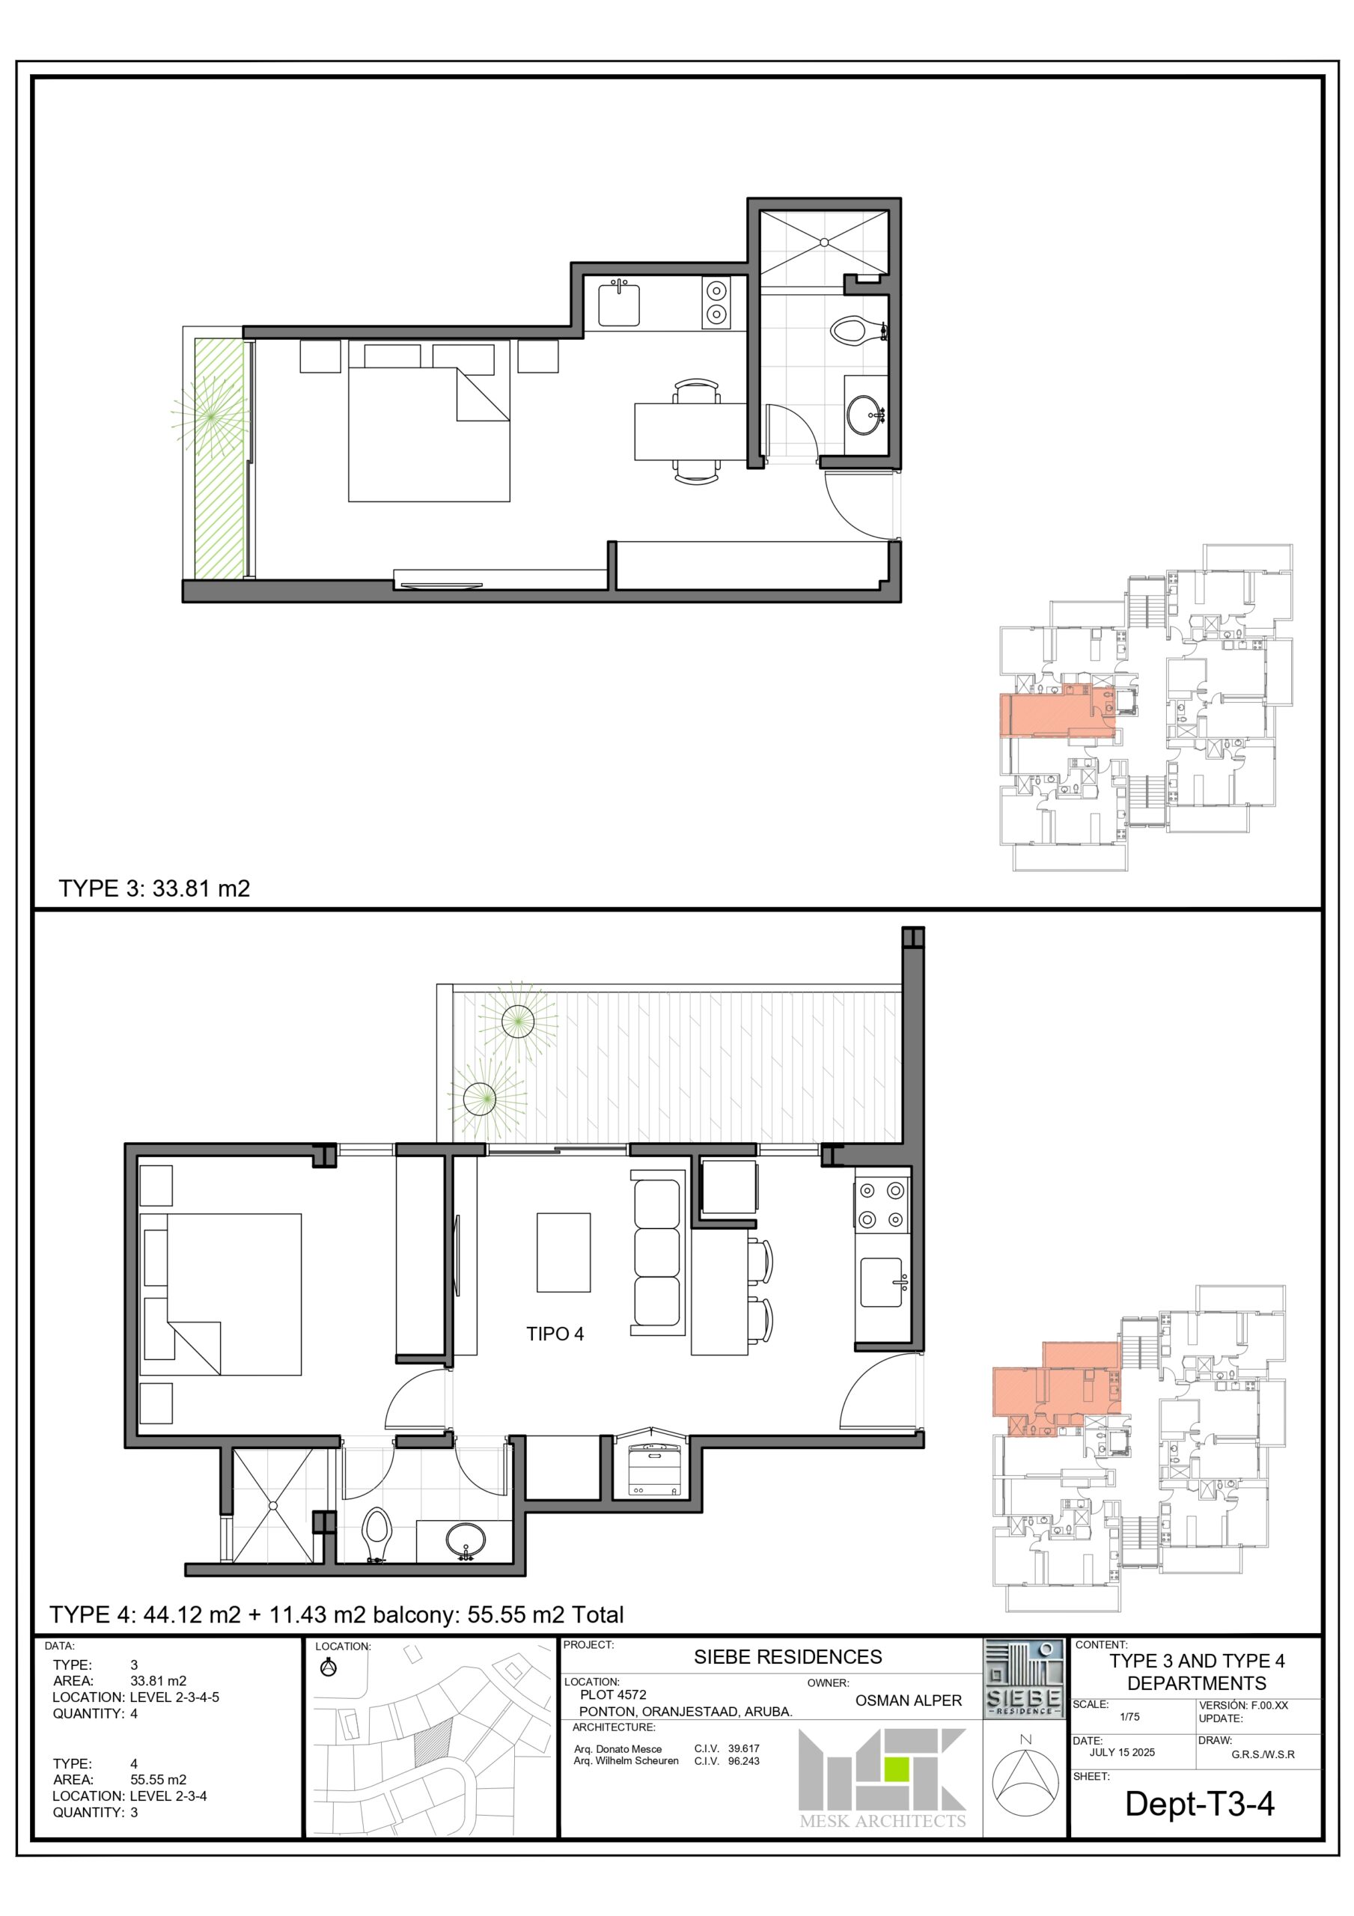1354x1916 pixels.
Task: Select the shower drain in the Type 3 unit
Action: click(x=824, y=242)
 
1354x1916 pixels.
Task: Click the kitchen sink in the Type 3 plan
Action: click(x=618, y=304)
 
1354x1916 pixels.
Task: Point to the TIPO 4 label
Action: click(x=555, y=1334)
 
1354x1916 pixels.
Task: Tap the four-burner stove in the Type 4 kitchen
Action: click(x=882, y=1205)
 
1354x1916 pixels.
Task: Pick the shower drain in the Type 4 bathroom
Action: click(x=273, y=1507)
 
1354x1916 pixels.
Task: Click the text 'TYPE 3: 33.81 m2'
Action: click(x=154, y=888)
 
